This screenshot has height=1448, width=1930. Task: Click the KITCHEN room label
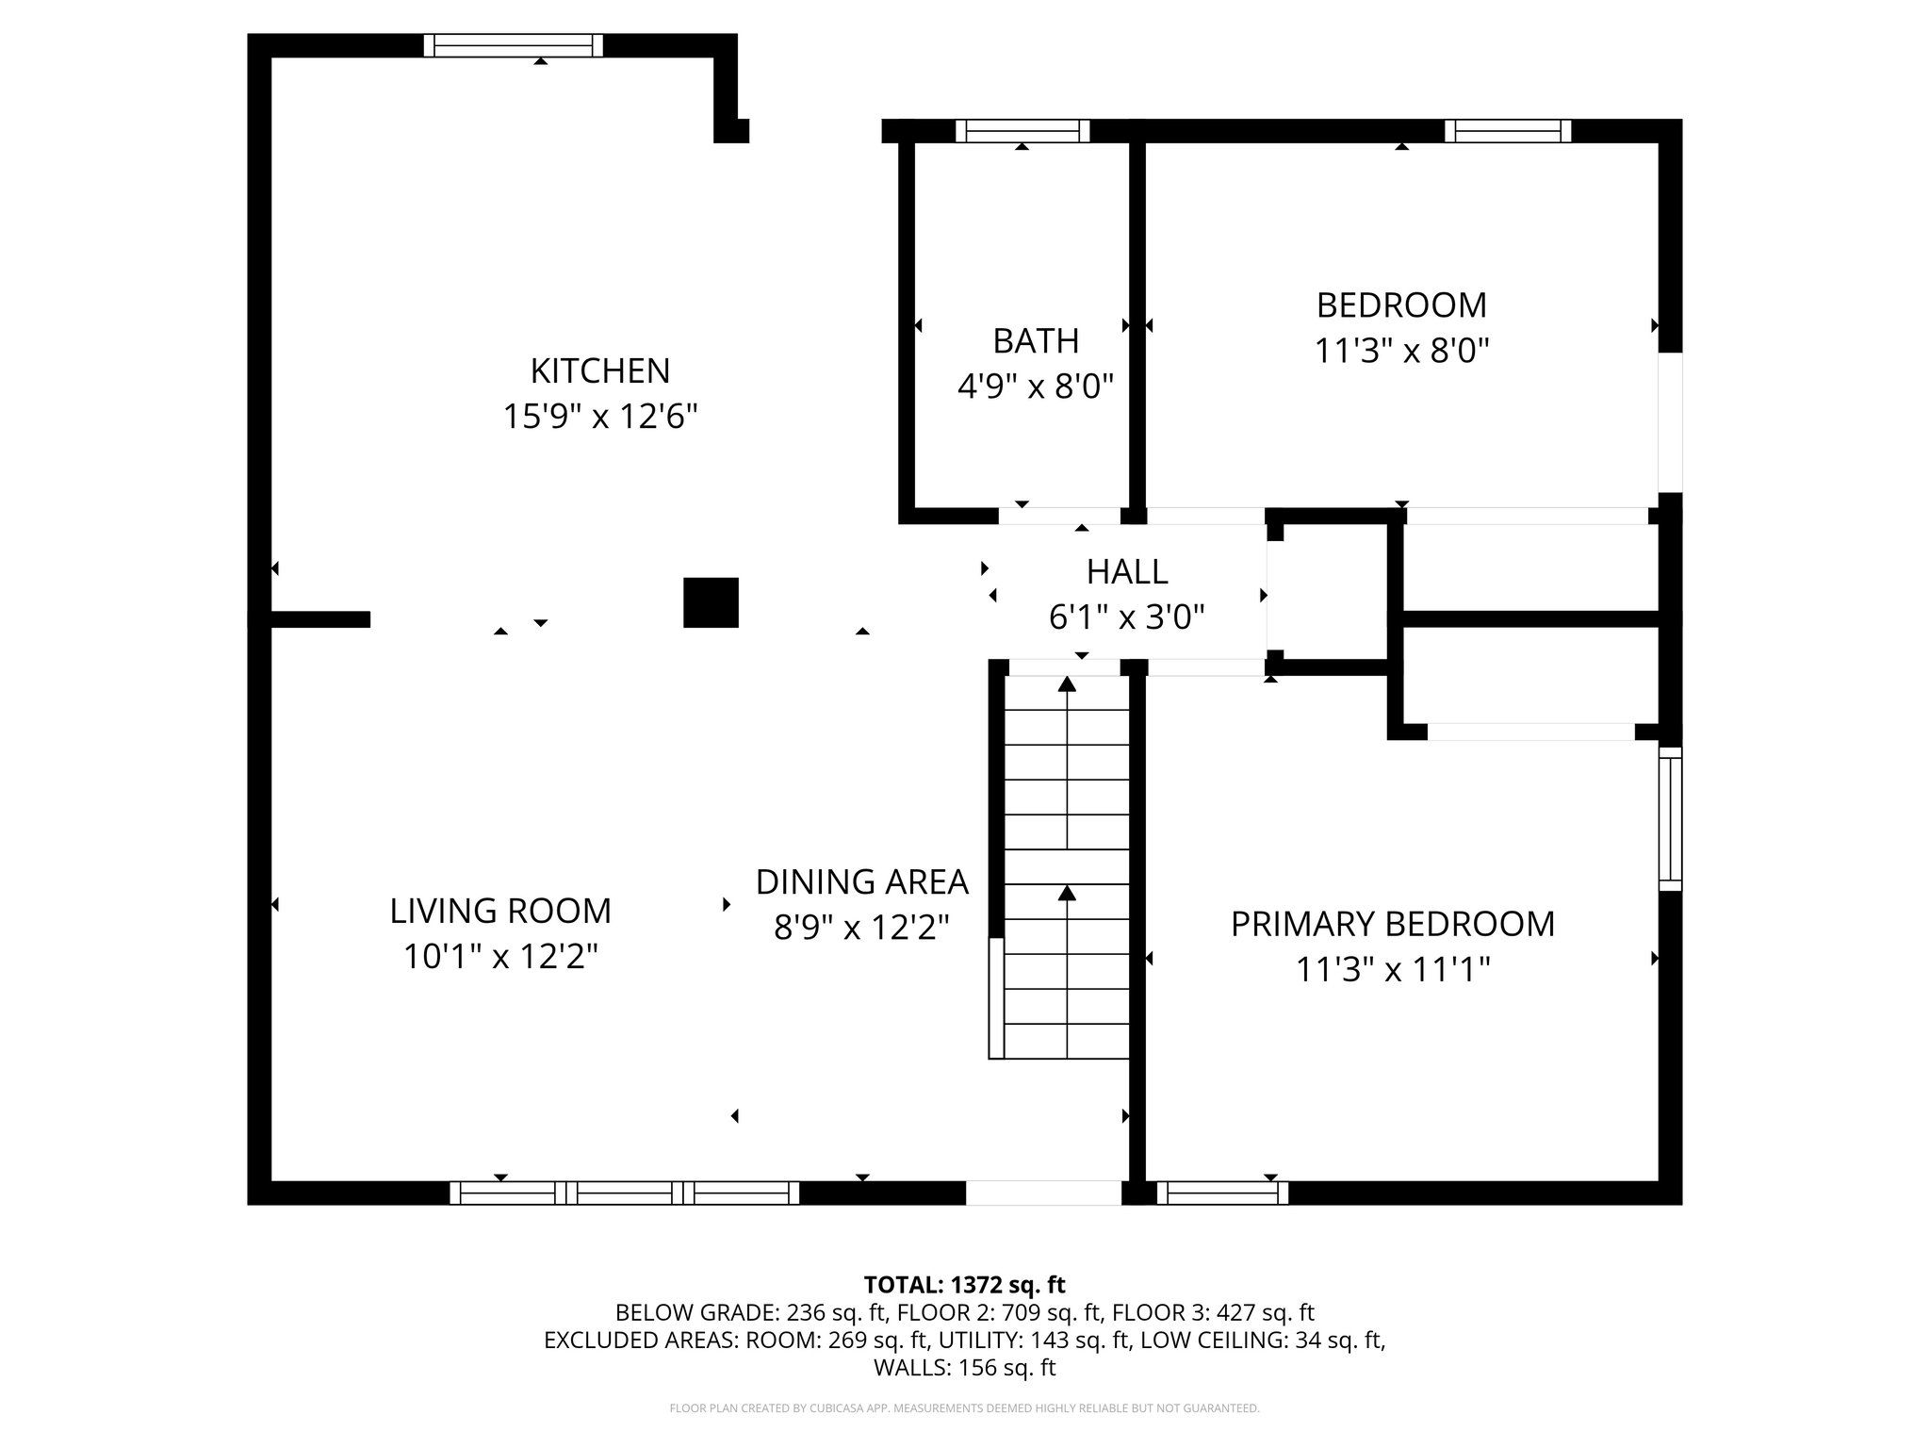point(600,370)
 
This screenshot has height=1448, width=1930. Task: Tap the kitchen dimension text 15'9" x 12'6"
point(600,416)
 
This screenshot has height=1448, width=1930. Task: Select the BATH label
point(1036,340)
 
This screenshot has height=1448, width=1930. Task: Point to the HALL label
point(1127,571)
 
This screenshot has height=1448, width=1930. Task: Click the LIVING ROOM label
point(500,911)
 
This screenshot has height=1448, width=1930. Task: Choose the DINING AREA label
point(861,881)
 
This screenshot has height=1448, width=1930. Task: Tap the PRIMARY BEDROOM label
point(1393,924)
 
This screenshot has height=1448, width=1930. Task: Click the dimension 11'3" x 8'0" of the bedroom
point(1401,351)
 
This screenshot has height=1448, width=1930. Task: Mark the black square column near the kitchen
point(711,602)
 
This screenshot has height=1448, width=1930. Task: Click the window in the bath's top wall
point(1022,131)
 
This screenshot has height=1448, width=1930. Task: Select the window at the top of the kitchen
point(513,45)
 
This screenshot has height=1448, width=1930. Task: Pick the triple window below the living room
point(624,1193)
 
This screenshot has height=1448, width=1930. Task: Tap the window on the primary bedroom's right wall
point(1670,818)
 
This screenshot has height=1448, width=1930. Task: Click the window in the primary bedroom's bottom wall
point(1222,1193)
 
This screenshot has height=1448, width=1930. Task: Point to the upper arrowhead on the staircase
point(1067,683)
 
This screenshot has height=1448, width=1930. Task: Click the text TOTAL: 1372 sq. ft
point(964,1284)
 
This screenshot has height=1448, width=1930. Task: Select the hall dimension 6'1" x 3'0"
point(1127,617)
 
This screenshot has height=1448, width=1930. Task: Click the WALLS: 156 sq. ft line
point(964,1368)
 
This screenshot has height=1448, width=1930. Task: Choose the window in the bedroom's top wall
point(1508,131)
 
